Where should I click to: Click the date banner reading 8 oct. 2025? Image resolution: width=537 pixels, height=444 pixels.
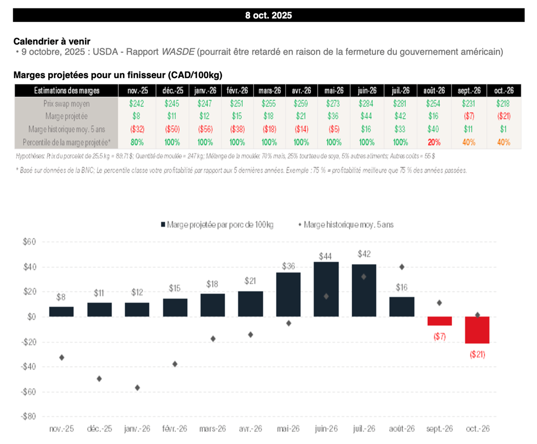268,15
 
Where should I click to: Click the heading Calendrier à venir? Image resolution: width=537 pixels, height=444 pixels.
52,41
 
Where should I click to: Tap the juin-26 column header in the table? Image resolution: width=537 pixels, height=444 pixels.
367,91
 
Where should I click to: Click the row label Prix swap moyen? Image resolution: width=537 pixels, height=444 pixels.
66,104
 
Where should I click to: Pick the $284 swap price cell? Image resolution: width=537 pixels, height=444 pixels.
367,104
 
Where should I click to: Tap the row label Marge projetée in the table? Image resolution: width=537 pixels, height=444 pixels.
66,117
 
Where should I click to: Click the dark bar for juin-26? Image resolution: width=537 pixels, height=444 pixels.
326,289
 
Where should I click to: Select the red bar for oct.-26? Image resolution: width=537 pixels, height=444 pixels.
477,330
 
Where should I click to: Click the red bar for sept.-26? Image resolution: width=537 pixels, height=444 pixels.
439,321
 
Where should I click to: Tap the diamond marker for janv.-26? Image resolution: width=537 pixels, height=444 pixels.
137,388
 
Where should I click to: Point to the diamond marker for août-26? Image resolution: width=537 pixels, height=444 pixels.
402,267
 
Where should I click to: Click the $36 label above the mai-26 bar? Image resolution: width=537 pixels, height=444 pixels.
288,266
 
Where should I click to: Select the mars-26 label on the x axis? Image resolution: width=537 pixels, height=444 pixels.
213,429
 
